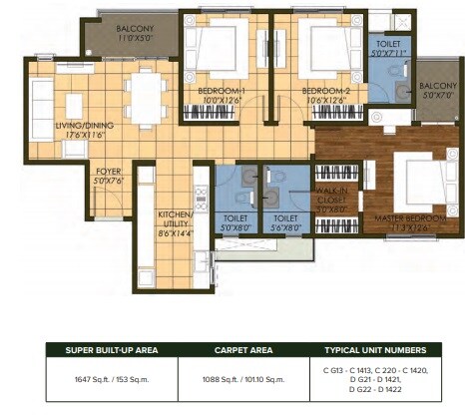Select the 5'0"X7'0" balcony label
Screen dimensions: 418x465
(435, 91)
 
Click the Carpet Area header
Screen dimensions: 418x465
(236, 350)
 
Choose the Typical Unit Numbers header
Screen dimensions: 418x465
(375, 350)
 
